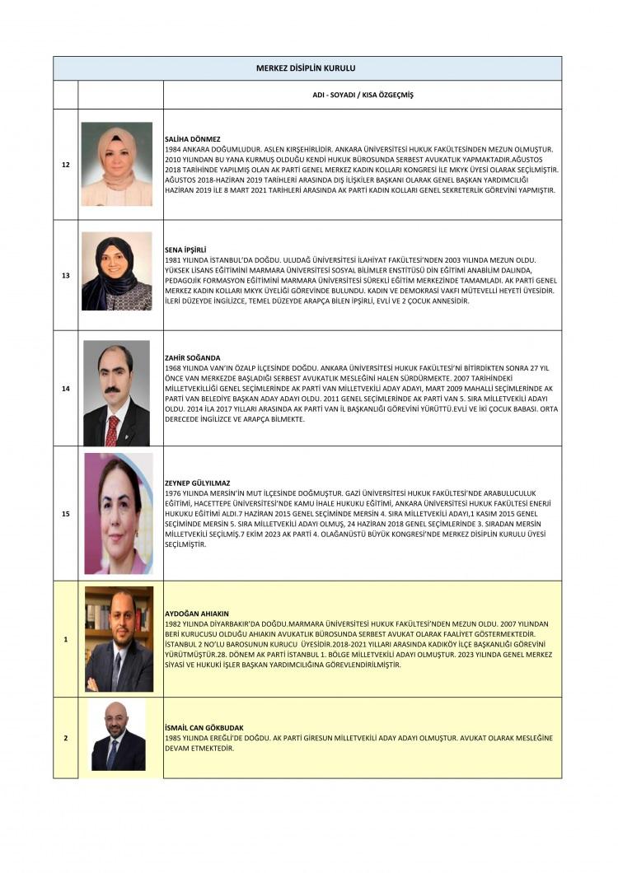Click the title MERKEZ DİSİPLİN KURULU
(307, 68)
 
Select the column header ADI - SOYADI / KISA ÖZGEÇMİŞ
(363, 95)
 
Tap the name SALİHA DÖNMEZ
(190, 140)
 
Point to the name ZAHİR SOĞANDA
(193, 357)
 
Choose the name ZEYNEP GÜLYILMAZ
(198, 483)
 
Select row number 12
(66, 165)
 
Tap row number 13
(66, 275)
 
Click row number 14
(66, 388)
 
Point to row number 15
(66, 513)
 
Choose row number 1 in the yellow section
(66, 639)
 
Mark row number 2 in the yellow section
(66, 737)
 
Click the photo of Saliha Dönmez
(116, 164)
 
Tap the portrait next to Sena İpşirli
(116, 271)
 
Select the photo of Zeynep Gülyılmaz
(119, 513)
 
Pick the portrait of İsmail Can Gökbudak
(118, 735)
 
